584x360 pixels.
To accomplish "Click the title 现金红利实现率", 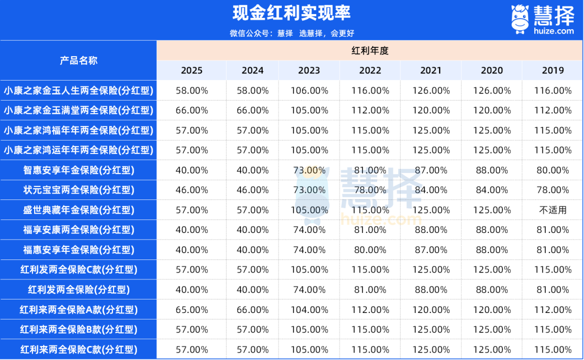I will tap(291, 13).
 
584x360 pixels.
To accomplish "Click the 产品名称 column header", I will tap(78, 61).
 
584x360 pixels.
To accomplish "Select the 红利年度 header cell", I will tap(370, 51).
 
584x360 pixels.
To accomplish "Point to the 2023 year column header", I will tap(309, 70).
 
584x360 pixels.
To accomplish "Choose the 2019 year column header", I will tap(553, 70).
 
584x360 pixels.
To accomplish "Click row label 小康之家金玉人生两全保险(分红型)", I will tap(78, 90).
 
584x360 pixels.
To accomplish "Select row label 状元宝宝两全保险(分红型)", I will tap(78, 190).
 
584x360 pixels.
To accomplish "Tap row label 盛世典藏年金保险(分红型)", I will tap(78, 210).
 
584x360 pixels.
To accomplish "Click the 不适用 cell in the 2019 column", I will tap(553, 210).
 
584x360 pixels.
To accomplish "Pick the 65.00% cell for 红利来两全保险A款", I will tap(192, 310).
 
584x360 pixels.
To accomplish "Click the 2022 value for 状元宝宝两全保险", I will tap(370, 190).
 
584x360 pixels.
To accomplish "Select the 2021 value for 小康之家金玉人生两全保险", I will tap(431, 90).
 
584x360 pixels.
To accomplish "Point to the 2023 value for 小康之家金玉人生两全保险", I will tap(309, 90).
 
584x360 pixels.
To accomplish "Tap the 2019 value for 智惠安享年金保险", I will tap(553, 170).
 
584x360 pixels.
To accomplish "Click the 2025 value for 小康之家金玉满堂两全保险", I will tap(192, 110).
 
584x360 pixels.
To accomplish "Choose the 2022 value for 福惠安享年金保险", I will tap(370, 250).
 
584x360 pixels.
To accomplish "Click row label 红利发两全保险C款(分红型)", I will tap(78, 270).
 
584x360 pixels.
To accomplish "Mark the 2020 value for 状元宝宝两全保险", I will tap(492, 190).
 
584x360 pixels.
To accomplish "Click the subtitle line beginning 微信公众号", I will tap(291, 33).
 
